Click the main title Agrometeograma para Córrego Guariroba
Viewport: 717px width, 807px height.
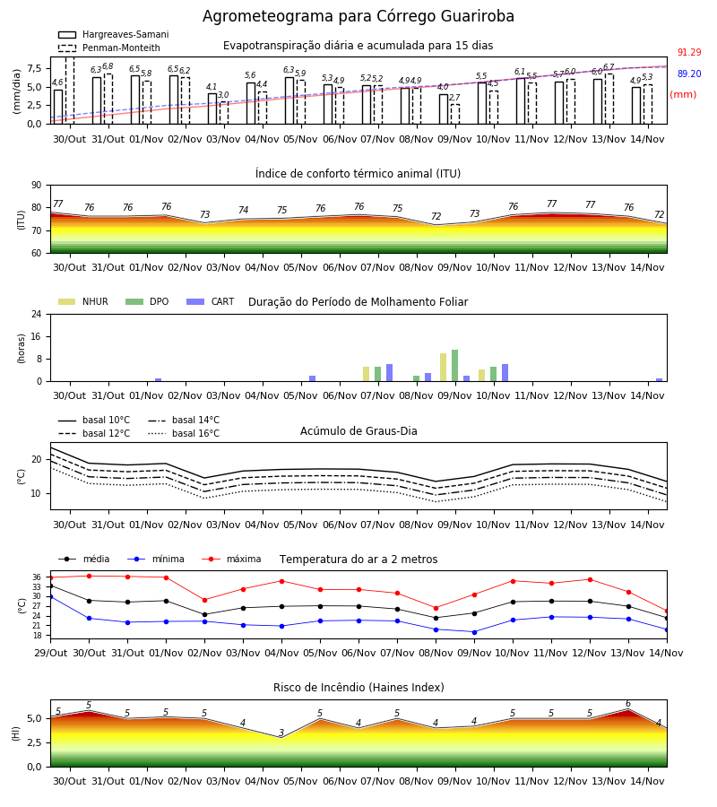coord(358,16)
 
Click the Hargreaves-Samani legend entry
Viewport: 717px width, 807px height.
coord(113,34)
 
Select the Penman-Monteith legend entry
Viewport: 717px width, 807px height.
coord(109,48)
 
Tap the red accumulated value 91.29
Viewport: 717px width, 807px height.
coord(689,52)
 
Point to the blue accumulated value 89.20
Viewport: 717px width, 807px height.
coord(689,74)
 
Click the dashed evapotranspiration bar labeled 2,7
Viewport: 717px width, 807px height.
coord(455,114)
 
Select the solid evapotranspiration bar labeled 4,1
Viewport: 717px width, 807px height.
coord(212,108)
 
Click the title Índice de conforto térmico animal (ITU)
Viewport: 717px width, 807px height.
coord(358,173)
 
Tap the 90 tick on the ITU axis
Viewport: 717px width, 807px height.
coord(37,185)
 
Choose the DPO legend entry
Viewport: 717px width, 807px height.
coord(147,301)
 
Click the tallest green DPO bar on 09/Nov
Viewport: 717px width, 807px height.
coord(454,366)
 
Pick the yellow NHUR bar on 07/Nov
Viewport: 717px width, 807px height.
coord(367,374)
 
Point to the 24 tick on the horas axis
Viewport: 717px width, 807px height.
coord(37,314)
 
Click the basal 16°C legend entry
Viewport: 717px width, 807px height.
coord(184,433)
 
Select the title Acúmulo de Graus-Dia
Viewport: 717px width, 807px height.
coord(358,430)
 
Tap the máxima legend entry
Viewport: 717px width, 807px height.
coord(232,559)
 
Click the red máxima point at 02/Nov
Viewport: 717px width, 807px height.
coord(204,600)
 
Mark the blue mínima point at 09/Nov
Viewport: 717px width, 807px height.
coord(474,632)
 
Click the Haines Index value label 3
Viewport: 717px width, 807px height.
coord(281,733)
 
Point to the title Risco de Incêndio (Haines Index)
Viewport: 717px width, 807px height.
coord(358,687)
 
